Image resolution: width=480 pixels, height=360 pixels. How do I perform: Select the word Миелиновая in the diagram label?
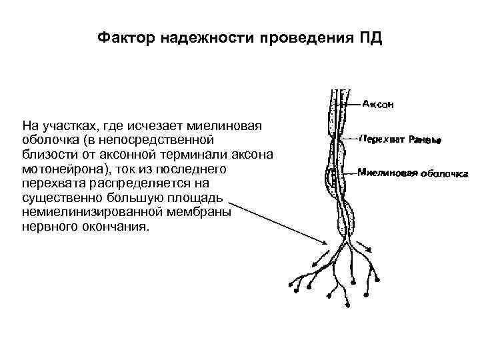[x=387, y=172]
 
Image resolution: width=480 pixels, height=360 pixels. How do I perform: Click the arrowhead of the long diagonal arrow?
[x=324, y=243]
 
